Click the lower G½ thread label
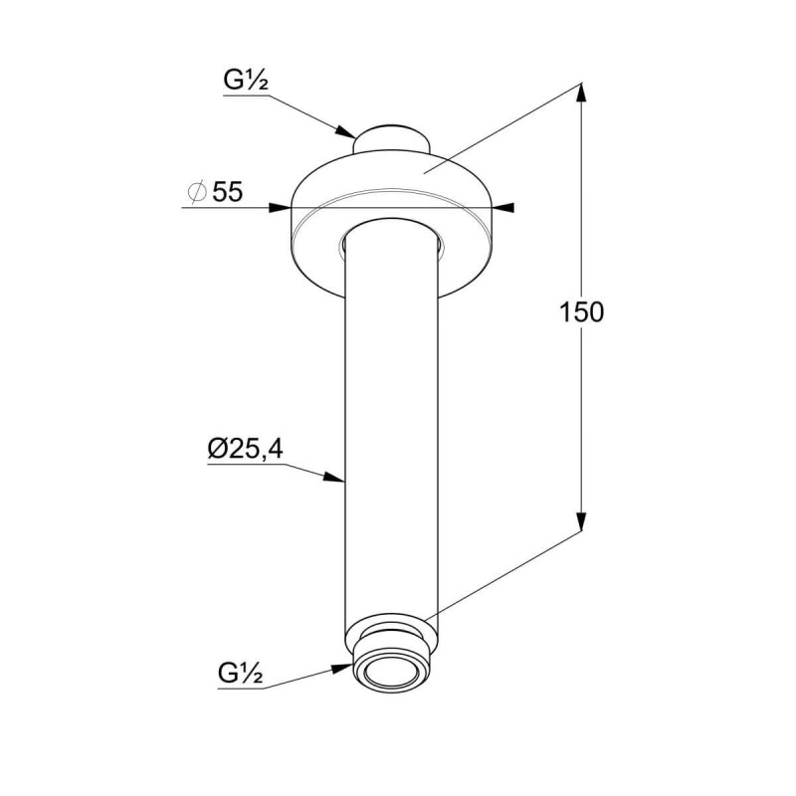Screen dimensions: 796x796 [x=241, y=674]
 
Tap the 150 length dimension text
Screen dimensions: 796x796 [x=581, y=312]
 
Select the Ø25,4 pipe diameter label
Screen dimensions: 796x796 [x=245, y=449]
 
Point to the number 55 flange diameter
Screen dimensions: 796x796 [x=228, y=192]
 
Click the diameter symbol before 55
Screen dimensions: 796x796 [x=197, y=192]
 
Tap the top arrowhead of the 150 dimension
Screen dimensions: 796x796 [x=581, y=93]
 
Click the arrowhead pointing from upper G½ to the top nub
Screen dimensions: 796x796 [x=345, y=131]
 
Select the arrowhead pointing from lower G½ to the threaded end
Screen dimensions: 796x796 [x=341, y=668]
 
